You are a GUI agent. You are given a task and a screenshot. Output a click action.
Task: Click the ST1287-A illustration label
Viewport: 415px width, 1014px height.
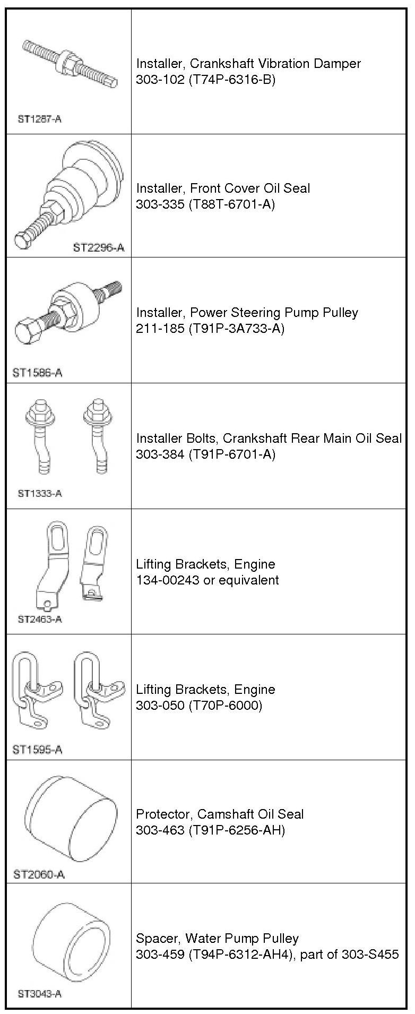[x=39, y=119]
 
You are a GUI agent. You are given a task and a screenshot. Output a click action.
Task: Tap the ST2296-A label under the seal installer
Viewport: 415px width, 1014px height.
[x=99, y=247]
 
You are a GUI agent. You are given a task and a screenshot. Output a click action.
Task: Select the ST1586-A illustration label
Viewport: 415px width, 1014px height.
[x=37, y=373]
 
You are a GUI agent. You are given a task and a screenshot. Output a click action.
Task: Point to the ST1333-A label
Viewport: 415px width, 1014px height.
[x=40, y=493]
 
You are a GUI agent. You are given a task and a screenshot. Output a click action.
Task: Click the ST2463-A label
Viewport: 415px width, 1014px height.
[x=40, y=619]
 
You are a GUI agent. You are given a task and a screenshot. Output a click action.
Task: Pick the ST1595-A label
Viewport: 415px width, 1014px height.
[x=37, y=750]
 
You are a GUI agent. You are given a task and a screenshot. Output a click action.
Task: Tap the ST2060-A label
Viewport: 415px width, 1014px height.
[x=39, y=874]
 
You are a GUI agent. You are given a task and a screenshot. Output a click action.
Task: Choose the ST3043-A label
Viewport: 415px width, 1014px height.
[x=40, y=994]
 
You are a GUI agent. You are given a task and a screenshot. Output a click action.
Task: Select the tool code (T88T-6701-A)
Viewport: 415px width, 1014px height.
[x=232, y=204]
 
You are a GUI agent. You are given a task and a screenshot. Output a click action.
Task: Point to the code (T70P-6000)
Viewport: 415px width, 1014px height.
[x=226, y=705]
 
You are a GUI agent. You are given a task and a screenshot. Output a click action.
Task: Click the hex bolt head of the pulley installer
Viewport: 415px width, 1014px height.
[x=25, y=332]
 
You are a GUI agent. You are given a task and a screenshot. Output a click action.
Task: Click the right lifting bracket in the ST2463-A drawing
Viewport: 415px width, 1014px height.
[x=92, y=563]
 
